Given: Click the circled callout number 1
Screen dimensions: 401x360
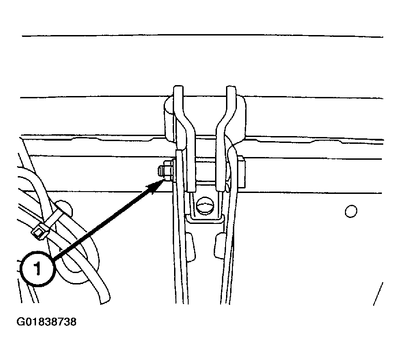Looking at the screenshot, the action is pyautogui.click(x=37, y=269).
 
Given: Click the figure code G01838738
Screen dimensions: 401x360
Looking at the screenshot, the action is pyautogui.click(x=46, y=322).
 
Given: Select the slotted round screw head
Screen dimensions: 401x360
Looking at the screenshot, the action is pyautogui.click(x=205, y=205).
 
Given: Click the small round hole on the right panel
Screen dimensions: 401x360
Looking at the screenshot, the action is pyautogui.click(x=351, y=211).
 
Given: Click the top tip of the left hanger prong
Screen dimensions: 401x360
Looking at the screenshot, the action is pyautogui.click(x=178, y=86).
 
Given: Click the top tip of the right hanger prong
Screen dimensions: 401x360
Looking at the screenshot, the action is pyautogui.click(x=231, y=86).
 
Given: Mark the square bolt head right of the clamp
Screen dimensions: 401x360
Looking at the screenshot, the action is pyautogui.click(x=241, y=172).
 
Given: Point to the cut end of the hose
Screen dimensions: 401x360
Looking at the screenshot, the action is pyautogui.click(x=105, y=301).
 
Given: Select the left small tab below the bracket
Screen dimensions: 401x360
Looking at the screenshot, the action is pyautogui.click(x=190, y=247).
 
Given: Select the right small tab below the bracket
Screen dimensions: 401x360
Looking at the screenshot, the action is pyautogui.click(x=220, y=246).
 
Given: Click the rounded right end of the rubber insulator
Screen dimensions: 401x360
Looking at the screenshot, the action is pyautogui.click(x=241, y=117).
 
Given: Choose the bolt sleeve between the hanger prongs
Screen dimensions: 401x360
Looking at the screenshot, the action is pyautogui.click(x=206, y=171).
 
